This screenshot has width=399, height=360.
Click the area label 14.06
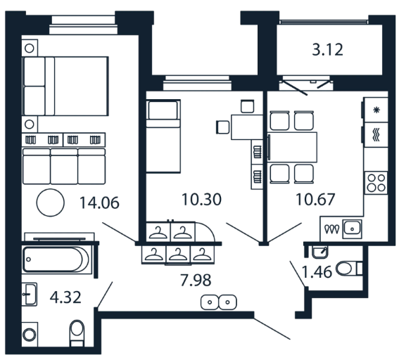99,203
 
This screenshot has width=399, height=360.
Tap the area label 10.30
201,199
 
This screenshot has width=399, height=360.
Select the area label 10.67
315,199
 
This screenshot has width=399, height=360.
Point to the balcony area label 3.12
327,50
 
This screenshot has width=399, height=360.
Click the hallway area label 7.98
196,280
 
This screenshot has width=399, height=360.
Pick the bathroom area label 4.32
65,297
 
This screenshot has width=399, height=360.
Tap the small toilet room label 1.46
317,271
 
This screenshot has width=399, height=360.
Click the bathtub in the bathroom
56,259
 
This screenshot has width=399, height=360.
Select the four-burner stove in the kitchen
376,183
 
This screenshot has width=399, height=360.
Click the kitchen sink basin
352,229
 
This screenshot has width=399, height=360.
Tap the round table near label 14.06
51,202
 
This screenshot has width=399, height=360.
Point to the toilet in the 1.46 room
349,269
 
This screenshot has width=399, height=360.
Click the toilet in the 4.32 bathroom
77,333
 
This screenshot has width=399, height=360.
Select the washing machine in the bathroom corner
30,334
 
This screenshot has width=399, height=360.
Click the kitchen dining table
293,147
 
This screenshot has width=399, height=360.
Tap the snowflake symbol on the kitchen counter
376,110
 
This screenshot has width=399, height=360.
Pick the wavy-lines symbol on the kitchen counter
376,134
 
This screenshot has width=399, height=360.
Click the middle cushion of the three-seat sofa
64,166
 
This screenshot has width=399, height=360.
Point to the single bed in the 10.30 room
163,136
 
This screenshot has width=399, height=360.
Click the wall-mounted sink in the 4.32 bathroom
30,294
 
